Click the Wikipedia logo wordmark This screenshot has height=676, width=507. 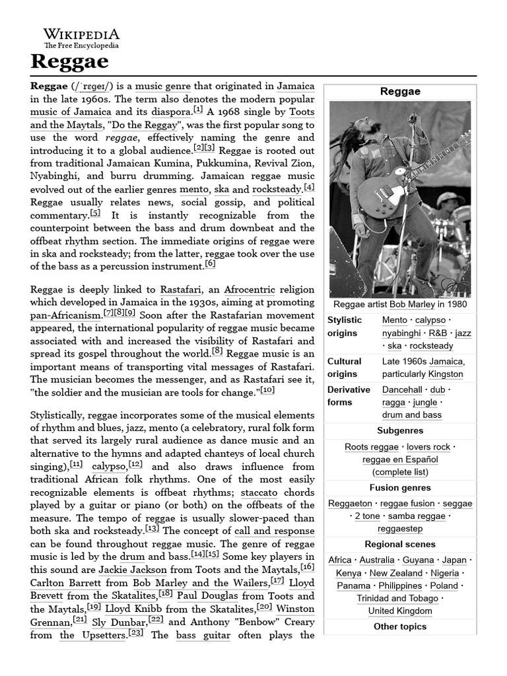pyautogui.click(x=82, y=34)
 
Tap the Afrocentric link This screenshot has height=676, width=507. pyautogui.click(x=249, y=289)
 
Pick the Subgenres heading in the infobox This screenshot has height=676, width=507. pyautogui.click(x=400, y=431)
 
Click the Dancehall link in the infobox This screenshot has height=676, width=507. pyautogui.click(x=402, y=389)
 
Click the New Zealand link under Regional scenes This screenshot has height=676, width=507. pyautogui.click(x=395, y=573)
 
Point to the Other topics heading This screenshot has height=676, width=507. pyautogui.click(x=400, y=626)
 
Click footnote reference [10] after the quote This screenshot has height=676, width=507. pyautogui.click(x=267, y=390)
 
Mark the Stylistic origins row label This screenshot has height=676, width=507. pyautogui.click(x=345, y=327)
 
